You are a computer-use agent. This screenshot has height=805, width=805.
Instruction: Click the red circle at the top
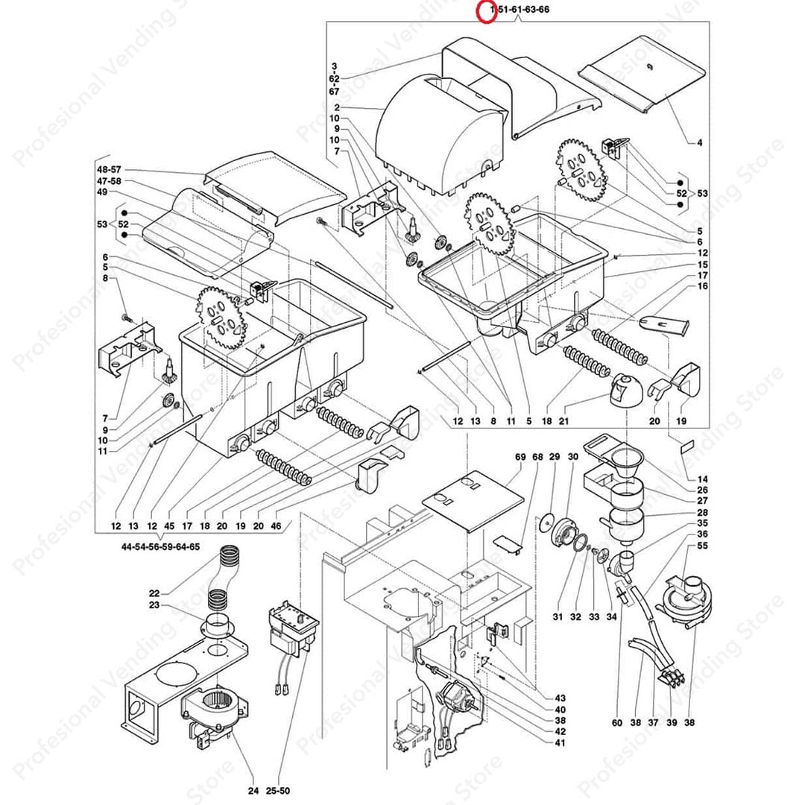tap(486, 12)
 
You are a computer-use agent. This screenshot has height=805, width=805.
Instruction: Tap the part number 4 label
tap(700, 142)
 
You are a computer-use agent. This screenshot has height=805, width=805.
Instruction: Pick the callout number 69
tap(520, 457)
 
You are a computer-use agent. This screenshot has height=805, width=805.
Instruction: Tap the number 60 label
tap(617, 722)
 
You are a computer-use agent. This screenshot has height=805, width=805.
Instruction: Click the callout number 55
tap(702, 546)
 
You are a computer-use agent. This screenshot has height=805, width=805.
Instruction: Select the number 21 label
tap(564, 422)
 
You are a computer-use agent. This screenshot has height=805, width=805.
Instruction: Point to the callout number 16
tap(702, 286)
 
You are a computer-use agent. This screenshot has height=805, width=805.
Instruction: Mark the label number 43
tap(560, 698)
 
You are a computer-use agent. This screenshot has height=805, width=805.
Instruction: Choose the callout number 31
tap(557, 616)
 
